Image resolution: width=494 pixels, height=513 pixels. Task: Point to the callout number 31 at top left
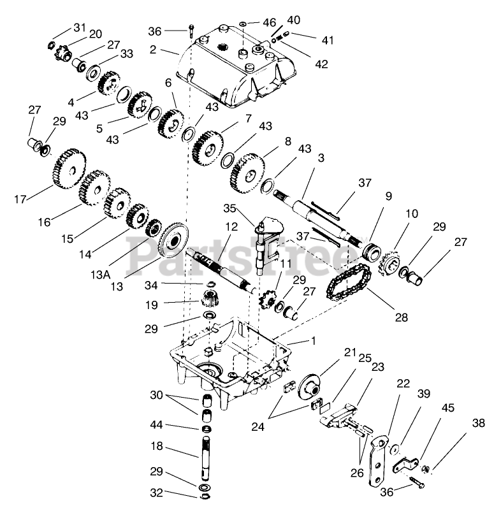(79, 27)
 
